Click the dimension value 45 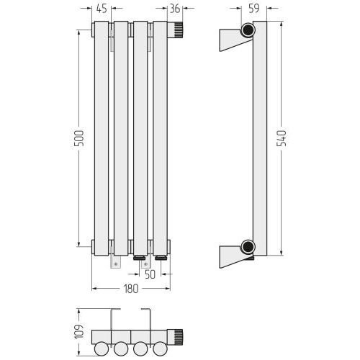coord(102,9)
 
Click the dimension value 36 coord(175,9)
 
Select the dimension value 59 coord(254,9)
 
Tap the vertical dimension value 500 coord(79,138)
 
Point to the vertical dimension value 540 coord(282,138)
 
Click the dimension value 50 coord(150,274)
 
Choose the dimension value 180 coord(131,289)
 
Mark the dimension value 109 coord(79,332)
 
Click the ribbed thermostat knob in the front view coord(178,30)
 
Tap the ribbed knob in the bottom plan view coord(178,337)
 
